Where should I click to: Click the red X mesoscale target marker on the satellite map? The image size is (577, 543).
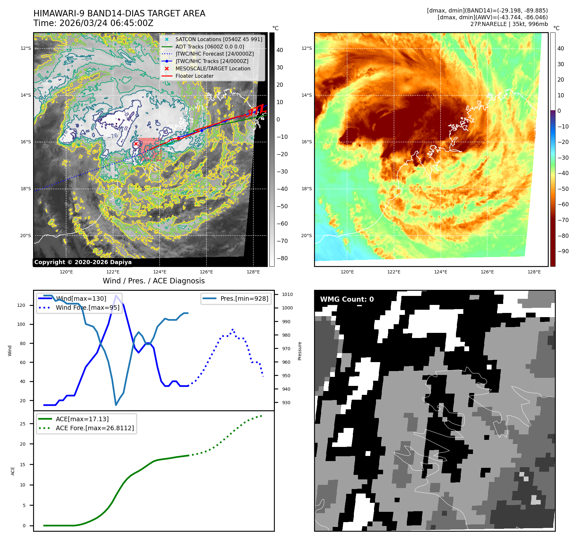pos(136,144)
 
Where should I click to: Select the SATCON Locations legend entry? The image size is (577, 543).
pos(218,39)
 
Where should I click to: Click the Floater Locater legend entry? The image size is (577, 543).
pos(194,76)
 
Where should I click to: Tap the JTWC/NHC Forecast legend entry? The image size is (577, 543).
pos(214,54)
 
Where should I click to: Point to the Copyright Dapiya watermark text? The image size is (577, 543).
pos(83,262)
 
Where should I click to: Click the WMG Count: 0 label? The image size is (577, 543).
pos(347,299)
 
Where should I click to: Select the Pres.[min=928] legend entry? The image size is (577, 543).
pos(244,298)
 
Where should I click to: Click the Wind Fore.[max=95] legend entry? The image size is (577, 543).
pos(87,308)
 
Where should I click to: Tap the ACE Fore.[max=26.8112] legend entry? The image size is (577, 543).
pos(95,428)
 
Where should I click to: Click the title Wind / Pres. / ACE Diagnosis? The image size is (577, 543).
pos(153,281)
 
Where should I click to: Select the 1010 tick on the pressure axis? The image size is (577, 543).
pos(287,294)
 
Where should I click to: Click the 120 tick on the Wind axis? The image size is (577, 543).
pos(21,305)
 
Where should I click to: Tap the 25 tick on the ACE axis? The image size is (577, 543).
pos(22,424)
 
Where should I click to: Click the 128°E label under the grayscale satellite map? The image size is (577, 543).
pos(253,272)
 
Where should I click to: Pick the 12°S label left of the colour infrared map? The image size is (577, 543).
pos(306,49)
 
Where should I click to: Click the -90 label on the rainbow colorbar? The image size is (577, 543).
pos(563,251)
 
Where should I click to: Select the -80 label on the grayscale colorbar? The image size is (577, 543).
pos(282,258)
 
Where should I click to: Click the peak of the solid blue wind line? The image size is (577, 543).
pos(116,295)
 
